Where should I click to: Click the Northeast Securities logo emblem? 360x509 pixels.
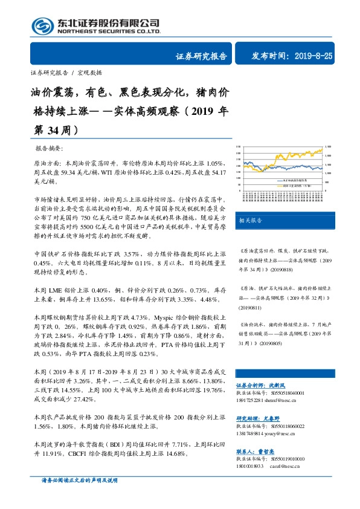(x=42, y=25)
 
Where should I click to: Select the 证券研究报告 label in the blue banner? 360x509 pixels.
(x=201, y=56)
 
